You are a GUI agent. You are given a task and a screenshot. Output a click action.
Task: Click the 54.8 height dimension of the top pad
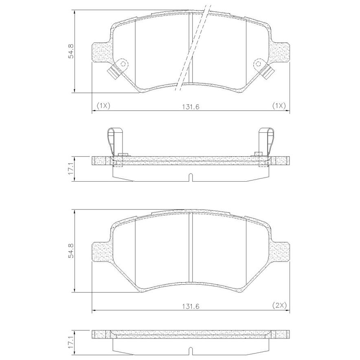click(x=71, y=51)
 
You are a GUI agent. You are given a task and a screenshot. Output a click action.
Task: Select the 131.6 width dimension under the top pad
click(x=191, y=107)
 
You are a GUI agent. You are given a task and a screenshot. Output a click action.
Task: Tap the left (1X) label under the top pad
click(x=103, y=106)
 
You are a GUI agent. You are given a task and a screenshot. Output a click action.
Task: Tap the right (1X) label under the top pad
click(x=279, y=106)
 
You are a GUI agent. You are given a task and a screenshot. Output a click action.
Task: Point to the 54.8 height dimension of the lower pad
click(x=71, y=251)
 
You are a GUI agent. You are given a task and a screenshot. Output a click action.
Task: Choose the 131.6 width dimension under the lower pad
click(x=191, y=306)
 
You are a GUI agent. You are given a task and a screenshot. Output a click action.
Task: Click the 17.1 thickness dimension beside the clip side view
click(x=71, y=169)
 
